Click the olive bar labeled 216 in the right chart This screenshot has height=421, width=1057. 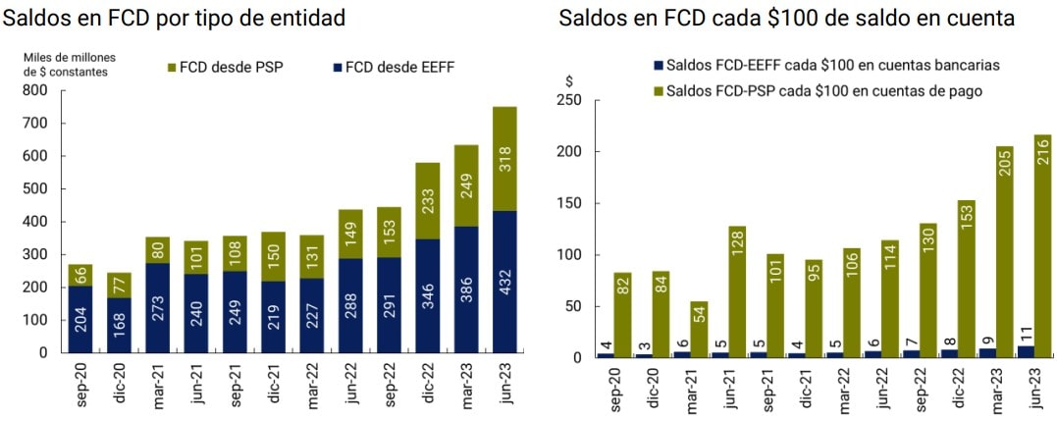click(x=1041, y=245)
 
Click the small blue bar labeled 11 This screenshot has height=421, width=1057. click(x=1025, y=351)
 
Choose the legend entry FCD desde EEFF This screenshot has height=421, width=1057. click(x=393, y=68)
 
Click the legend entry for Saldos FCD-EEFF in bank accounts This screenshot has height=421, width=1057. click(x=825, y=66)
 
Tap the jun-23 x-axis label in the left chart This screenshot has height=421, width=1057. click(x=504, y=386)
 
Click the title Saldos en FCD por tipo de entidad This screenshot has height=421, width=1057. click(x=176, y=18)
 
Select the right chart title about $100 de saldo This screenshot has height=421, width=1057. click(x=786, y=18)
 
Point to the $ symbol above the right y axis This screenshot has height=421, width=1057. click(x=570, y=81)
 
